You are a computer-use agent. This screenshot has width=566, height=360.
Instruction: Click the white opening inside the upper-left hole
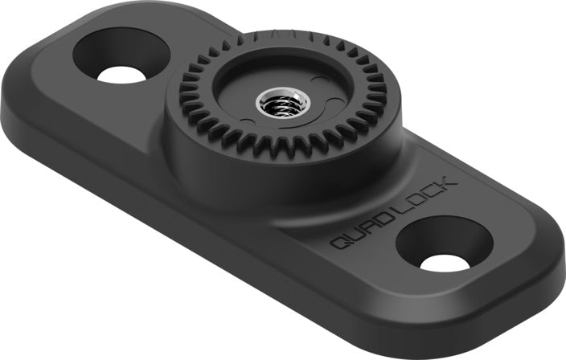pos(121,74)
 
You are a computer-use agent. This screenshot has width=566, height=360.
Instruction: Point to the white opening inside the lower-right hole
pos(445,262)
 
